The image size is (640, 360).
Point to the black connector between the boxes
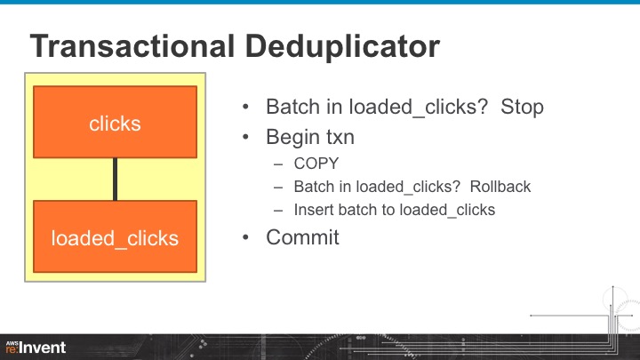point(115,179)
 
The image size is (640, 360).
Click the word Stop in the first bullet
point(522,108)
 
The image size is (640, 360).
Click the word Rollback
point(500,187)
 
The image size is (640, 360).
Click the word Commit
point(302,237)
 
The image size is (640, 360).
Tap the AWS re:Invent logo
point(36,346)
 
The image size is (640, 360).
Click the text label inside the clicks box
point(115,124)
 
